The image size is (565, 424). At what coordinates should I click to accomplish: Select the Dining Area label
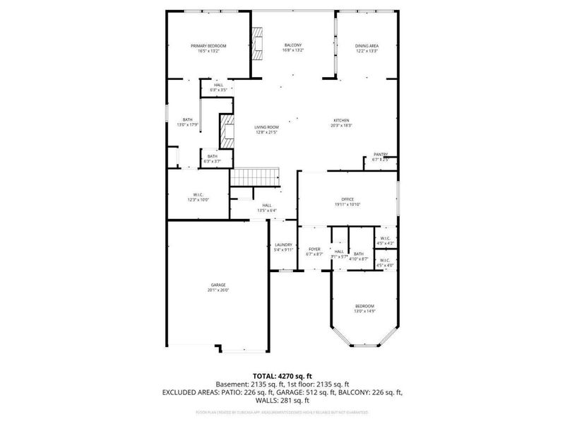pyautogui.click(x=367, y=46)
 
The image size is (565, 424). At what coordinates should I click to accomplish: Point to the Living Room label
pyautogui.click(x=266, y=127)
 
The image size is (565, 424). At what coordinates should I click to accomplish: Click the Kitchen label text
pyautogui.click(x=342, y=120)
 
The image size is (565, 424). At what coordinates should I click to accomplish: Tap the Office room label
pyautogui.click(x=347, y=199)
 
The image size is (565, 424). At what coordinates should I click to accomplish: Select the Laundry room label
pyautogui.click(x=283, y=245)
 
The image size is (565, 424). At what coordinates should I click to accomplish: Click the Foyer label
pyautogui.click(x=314, y=249)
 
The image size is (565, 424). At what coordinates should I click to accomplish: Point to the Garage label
pyautogui.click(x=218, y=285)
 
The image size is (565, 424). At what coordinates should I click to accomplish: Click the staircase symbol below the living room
pyautogui.click(x=257, y=176)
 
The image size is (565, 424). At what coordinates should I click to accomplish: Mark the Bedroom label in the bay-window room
pyautogui.click(x=364, y=305)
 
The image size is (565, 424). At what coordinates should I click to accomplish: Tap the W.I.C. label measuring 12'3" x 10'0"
pyautogui.click(x=198, y=194)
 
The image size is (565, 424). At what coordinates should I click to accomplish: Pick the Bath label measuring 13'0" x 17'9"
pyautogui.click(x=187, y=119)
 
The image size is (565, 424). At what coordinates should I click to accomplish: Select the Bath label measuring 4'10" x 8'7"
pyautogui.click(x=359, y=254)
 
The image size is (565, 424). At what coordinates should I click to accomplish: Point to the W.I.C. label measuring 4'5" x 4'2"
pyautogui.click(x=385, y=239)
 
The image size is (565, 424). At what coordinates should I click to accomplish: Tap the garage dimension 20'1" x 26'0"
pyautogui.click(x=218, y=290)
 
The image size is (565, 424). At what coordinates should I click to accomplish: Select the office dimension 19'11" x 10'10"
pyautogui.click(x=347, y=204)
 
